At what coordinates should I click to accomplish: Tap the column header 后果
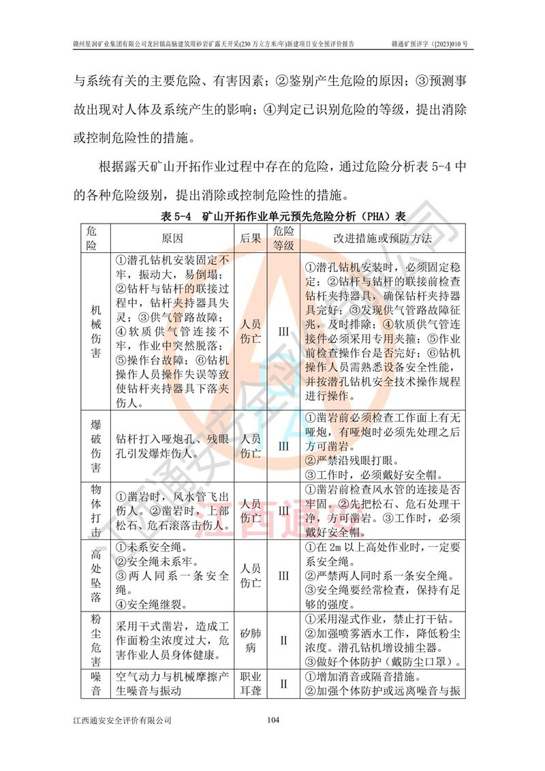click(x=251, y=238)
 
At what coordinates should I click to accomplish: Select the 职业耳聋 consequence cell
click(x=251, y=684)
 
